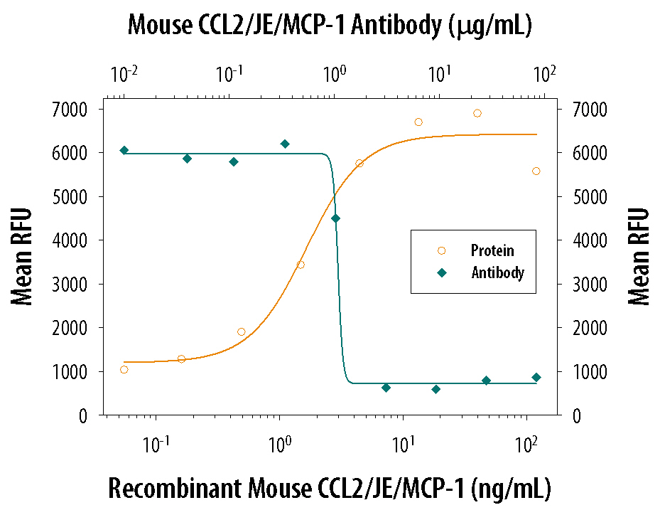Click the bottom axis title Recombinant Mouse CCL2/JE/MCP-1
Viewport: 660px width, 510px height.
click(329, 489)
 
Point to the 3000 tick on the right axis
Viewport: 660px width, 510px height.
click(587, 285)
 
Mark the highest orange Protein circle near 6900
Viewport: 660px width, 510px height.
click(477, 113)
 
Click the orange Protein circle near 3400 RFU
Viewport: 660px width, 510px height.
click(301, 265)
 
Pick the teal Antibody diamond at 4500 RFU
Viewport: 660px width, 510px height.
click(335, 218)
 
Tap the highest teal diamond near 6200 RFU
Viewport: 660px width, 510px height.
click(285, 144)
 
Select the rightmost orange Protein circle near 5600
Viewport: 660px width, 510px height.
click(536, 171)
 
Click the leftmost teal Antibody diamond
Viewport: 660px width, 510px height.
click(124, 150)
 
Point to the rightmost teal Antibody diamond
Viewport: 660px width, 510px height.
click(536, 378)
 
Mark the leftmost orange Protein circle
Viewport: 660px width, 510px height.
click(124, 369)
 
